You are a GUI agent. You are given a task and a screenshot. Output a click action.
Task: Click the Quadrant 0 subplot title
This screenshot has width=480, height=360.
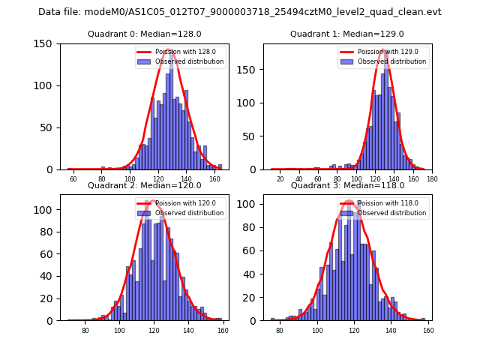[x=143, y=34]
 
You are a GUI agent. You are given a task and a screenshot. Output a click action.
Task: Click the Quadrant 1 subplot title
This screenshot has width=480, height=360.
[x=346, y=34]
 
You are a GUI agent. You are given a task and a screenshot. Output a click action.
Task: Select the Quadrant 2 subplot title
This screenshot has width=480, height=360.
[x=143, y=185]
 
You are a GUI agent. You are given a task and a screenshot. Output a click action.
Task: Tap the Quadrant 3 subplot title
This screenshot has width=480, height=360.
[x=346, y=185]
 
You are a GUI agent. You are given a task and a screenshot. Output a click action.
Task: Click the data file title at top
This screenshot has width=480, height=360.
[x=240, y=12]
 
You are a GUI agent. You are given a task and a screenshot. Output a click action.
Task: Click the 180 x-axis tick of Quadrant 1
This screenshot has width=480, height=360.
[x=431, y=179]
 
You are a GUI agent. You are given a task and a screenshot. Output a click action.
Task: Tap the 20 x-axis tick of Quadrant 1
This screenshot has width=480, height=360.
[x=280, y=179]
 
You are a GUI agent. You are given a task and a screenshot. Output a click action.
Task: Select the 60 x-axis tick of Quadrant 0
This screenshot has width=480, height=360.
[x=73, y=179]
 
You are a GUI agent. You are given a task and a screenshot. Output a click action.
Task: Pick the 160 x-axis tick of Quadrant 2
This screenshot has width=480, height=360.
[x=221, y=331]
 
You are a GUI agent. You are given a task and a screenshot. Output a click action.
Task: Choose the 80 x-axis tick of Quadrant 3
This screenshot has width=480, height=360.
[x=280, y=331]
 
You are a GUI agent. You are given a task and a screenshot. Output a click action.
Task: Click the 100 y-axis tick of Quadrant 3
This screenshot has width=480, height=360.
[x=248, y=204]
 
